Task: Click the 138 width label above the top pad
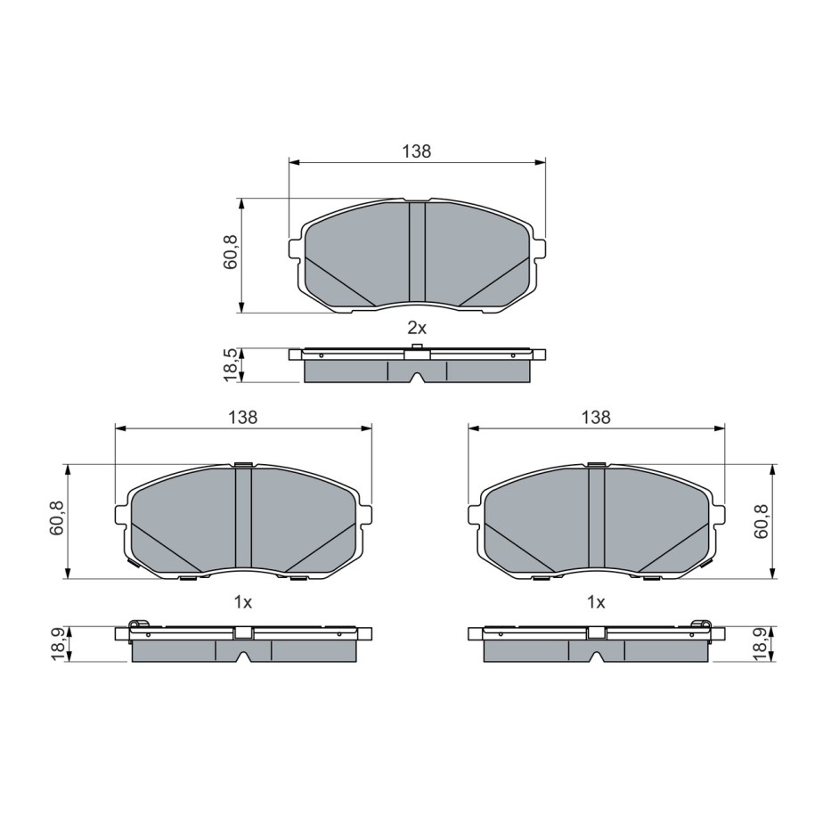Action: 417,151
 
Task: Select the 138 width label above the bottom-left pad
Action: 243,418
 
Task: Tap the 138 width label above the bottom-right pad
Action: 596,418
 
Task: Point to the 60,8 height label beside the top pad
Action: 231,252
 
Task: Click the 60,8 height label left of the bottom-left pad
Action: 57,518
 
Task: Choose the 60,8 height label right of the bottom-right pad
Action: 761,521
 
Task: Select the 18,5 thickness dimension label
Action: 231,365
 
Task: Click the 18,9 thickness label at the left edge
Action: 57,644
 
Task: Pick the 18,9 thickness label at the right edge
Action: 761,644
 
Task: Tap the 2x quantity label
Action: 417,328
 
